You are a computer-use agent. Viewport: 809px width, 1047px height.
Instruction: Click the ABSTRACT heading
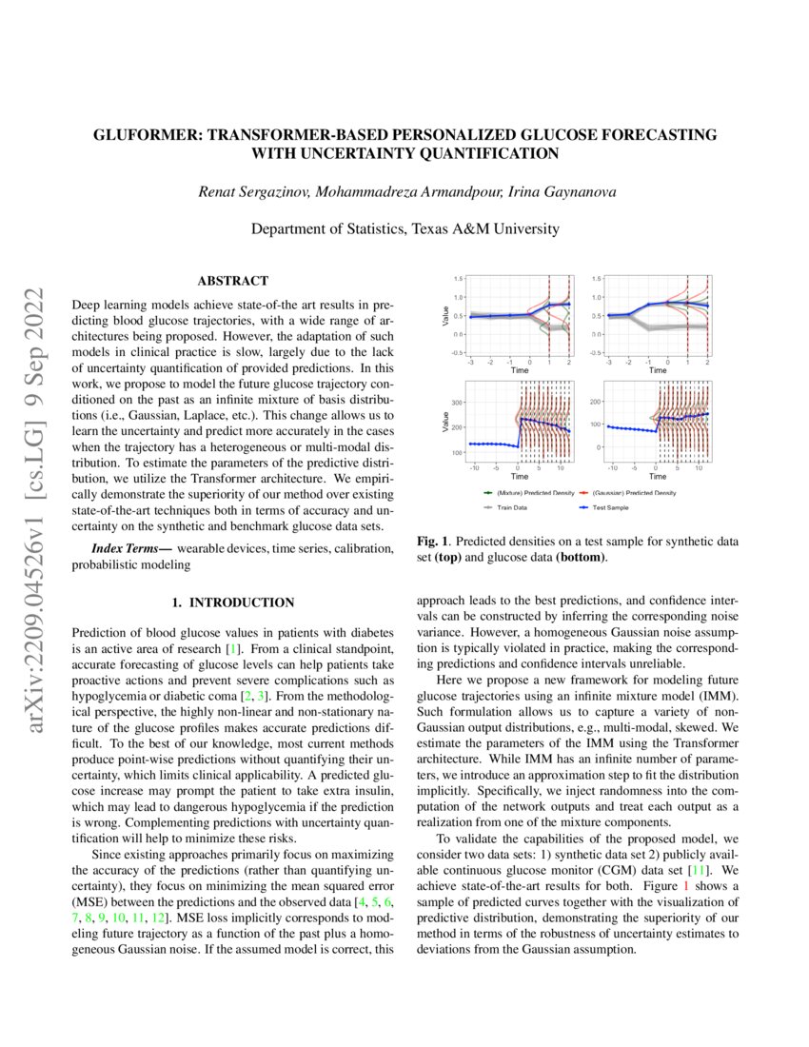click(232, 281)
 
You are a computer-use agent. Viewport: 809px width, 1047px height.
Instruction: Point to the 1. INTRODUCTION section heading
click(232, 603)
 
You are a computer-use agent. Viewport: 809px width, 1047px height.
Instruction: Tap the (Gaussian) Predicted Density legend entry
click(633, 493)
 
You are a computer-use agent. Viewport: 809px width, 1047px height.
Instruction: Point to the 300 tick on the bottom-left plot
click(457, 403)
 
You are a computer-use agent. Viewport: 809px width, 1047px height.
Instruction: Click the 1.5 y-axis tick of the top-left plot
click(459, 278)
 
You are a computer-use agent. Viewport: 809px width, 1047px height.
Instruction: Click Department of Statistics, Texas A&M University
click(404, 229)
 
